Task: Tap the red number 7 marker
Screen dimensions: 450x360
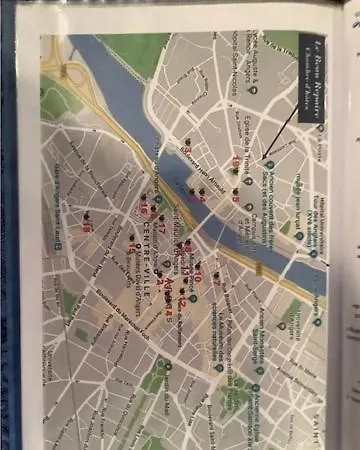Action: pyautogui.click(x=213, y=280)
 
